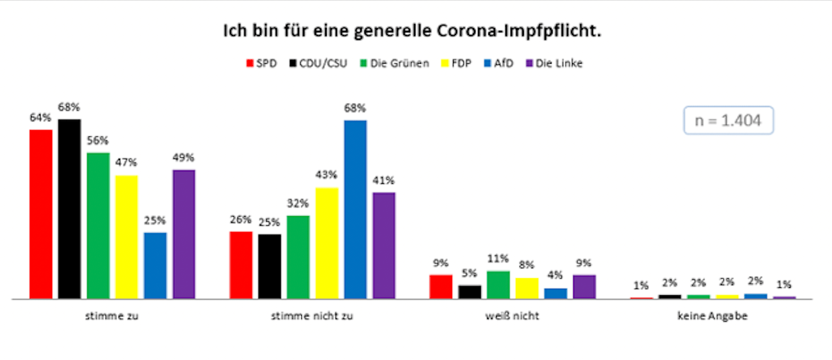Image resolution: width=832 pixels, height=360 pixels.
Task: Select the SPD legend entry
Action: [261, 64]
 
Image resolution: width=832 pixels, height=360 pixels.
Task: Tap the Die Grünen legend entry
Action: [394, 64]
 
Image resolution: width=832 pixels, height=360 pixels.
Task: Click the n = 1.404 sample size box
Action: [728, 121]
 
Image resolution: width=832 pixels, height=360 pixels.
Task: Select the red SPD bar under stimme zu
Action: [41, 213]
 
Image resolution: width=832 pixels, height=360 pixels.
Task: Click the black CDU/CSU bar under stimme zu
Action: [70, 208]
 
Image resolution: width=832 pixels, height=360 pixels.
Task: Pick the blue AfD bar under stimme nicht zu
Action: [355, 209]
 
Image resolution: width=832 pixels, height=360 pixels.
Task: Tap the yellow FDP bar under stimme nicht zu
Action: [327, 243]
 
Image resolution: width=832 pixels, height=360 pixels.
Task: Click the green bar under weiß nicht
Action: [498, 285]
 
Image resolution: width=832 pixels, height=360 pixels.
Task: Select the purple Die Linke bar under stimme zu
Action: [184, 234]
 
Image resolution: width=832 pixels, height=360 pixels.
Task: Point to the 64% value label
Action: [40, 118]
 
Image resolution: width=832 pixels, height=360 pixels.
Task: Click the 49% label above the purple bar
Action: [183, 158]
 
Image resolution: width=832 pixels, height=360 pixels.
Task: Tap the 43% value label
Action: [327, 175]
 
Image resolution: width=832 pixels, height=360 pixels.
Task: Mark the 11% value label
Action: [498, 259]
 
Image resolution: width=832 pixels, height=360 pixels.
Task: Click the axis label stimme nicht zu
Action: [312, 316]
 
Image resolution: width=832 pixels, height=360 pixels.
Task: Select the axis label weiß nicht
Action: [512, 316]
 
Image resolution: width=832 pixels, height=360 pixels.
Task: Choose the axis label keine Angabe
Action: [712, 316]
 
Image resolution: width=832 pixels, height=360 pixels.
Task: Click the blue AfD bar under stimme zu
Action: [155, 265]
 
